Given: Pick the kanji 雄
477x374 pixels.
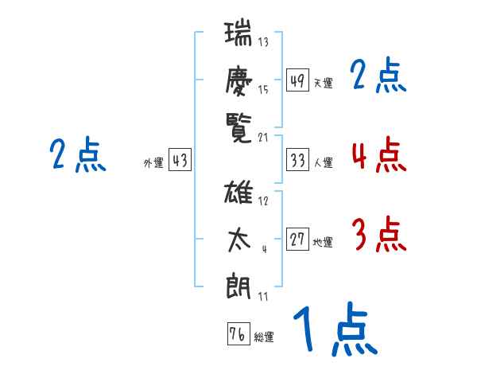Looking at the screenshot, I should (x=239, y=194).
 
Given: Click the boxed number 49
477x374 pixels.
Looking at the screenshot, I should (x=297, y=80).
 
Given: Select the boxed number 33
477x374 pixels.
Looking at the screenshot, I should (x=297, y=160).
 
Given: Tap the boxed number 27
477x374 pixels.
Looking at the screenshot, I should (x=297, y=240).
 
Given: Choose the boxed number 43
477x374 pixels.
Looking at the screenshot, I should (x=180, y=161).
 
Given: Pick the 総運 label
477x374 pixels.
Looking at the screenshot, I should (x=264, y=337).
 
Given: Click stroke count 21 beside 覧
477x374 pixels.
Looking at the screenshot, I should (x=264, y=138).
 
